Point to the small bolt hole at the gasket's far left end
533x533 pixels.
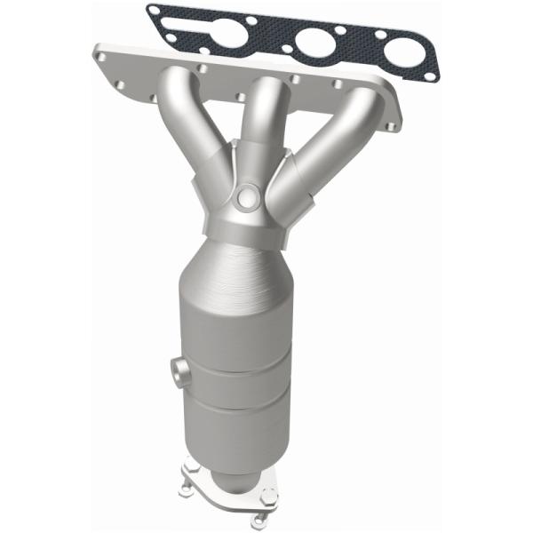[x=156, y=12]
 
